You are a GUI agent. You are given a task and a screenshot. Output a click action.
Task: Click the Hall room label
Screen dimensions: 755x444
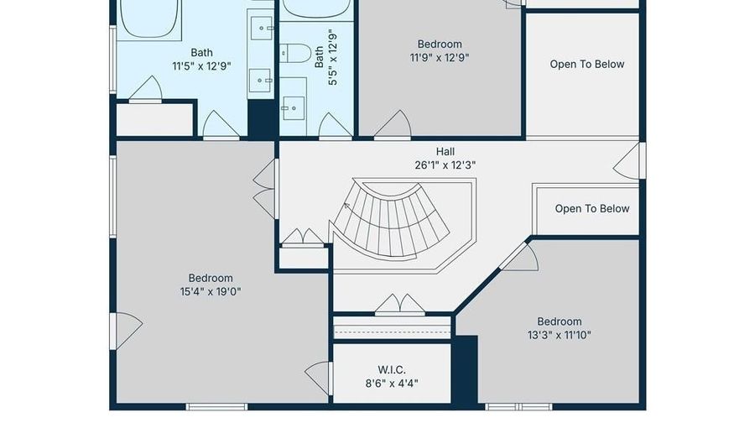(445, 152)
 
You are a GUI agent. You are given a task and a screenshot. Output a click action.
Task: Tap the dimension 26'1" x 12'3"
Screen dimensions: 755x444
(445, 165)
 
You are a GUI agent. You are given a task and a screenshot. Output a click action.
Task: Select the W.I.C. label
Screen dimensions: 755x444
(392, 370)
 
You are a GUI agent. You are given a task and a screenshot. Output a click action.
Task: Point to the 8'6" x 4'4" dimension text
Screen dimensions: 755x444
(392, 384)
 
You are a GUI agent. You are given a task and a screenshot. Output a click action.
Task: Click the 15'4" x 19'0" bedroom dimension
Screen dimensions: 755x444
(211, 291)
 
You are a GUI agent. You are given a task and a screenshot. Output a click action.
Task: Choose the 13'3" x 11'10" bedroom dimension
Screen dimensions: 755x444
(559, 335)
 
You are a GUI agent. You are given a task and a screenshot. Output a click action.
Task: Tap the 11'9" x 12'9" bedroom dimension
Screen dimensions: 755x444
(439, 58)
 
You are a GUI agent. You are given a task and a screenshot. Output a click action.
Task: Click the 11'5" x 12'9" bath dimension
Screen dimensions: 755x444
(201, 66)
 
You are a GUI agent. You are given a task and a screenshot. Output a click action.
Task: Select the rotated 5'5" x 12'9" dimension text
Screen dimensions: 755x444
(332, 57)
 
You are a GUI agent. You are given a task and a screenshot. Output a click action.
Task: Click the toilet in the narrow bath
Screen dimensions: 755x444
(295, 53)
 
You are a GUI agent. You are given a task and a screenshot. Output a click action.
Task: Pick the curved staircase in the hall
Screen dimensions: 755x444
(391, 221)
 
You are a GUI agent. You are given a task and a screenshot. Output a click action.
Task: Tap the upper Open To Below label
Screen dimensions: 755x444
(587, 64)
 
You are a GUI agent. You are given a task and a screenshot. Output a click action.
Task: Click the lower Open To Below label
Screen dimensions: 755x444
(591, 208)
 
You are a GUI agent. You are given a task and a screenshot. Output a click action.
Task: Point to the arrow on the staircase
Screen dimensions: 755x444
(346, 206)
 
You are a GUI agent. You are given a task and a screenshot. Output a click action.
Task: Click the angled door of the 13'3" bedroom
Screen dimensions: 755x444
(519, 256)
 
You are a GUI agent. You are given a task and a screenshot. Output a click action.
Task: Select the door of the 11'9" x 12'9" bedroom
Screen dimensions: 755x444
(393, 124)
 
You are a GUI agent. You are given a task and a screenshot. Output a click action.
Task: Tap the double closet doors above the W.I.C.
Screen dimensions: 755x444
(400, 305)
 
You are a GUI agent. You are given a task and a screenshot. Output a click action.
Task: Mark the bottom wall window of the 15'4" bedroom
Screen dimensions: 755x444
(216, 407)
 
